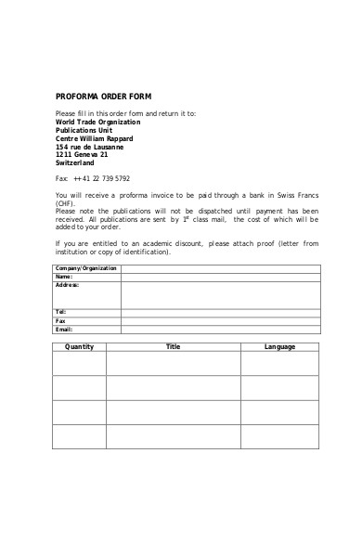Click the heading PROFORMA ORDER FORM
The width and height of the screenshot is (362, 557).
tap(103, 97)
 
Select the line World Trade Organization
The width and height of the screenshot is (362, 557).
tap(98, 122)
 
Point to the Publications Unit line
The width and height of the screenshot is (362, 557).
tap(84, 130)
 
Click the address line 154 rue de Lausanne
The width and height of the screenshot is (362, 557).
tap(89, 147)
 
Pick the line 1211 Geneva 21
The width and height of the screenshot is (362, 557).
tap(82, 155)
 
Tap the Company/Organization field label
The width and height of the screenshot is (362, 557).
tap(86, 268)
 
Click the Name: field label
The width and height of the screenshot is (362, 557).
tap(63, 277)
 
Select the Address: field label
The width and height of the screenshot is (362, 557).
tap(67, 285)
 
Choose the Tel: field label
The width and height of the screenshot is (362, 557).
tap(60, 312)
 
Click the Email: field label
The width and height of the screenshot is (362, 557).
tap(63, 329)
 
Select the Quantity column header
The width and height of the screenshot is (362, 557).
tap(79, 346)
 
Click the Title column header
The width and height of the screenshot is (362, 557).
tap(173, 346)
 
